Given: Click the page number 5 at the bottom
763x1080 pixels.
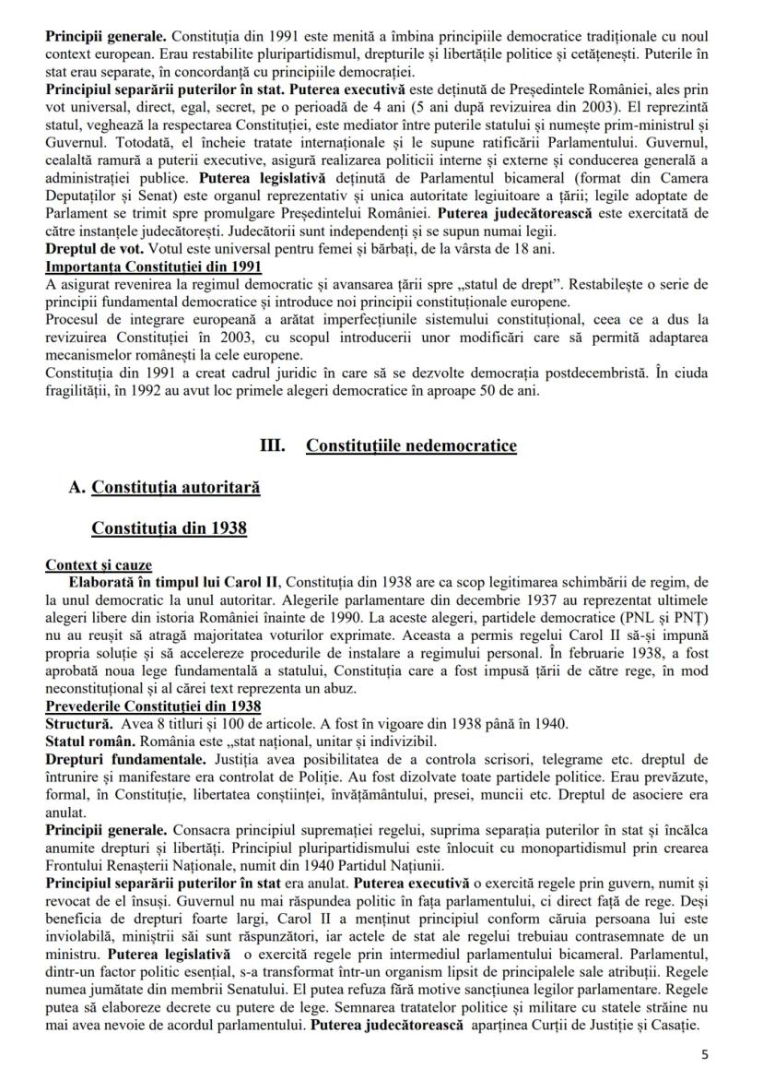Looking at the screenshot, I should [x=706, y=1055].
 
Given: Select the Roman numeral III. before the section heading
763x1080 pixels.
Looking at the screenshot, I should [x=274, y=445].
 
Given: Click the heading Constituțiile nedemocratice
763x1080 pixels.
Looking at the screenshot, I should [x=411, y=445].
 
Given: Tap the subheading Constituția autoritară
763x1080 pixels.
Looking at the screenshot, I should [x=175, y=487].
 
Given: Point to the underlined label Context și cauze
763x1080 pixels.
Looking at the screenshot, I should [x=99, y=564].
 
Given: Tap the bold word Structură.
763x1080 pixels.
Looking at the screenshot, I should [x=80, y=723].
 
